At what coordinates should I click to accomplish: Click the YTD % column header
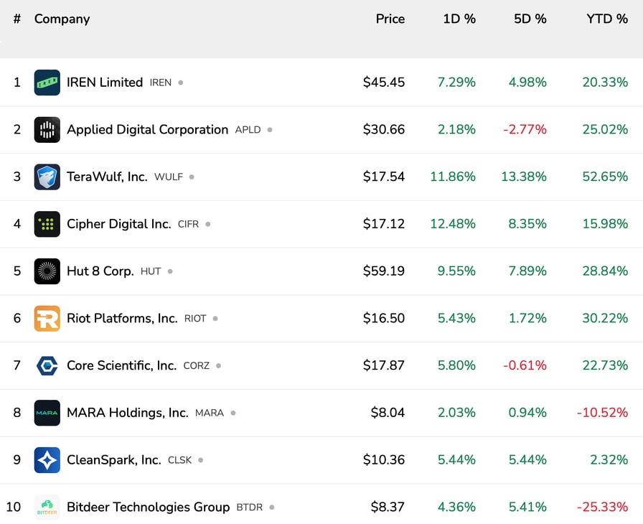[x=606, y=19]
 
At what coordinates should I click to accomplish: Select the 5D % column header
[x=530, y=19]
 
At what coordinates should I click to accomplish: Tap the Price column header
[x=390, y=19]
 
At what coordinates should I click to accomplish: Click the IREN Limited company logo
[x=47, y=83]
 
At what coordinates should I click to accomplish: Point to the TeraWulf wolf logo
[x=47, y=177]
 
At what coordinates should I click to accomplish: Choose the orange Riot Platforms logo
[x=47, y=318]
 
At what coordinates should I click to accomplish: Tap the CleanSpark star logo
[x=47, y=460]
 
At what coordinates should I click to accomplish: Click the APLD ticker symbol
[x=248, y=130]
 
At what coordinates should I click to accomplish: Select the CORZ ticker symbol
[x=197, y=366]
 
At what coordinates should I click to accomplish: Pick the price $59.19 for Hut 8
[x=383, y=271]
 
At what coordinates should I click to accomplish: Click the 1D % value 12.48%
[x=453, y=224]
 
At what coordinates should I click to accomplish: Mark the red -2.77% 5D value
[x=525, y=130]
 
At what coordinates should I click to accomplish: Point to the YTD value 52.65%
[x=605, y=177]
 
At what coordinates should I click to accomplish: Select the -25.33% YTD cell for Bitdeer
[x=602, y=507]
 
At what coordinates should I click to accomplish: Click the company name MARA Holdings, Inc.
[x=127, y=413]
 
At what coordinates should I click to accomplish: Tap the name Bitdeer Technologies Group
[x=148, y=507]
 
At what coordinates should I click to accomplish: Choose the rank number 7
[x=17, y=365]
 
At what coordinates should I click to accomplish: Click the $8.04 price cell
[x=388, y=413]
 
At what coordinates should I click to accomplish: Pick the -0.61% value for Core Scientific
[x=525, y=365]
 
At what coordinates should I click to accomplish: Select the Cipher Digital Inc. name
[x=118, y=224]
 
